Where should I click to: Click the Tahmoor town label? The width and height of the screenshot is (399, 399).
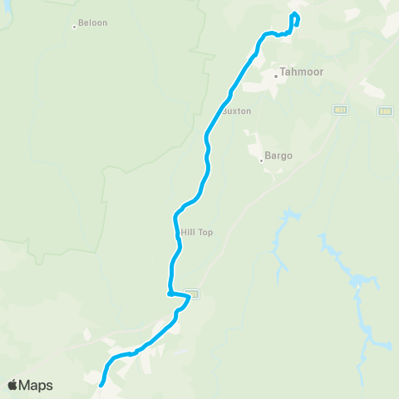point(301,72)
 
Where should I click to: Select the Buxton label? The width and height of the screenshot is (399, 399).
point(236,110)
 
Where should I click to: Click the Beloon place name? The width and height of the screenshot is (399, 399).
point(93,23)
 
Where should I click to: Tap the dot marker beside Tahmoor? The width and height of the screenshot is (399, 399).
point(276,76)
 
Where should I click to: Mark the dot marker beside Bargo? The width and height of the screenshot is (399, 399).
point(261,160)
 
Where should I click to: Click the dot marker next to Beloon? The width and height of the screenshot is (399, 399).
point(74,27)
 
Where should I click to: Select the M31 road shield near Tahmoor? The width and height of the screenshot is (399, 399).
point(340,109)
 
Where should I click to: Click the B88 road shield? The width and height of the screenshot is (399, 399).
point(384,111)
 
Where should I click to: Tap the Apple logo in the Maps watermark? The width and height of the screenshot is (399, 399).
point(13,385)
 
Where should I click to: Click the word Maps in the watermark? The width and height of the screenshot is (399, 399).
point(37,385)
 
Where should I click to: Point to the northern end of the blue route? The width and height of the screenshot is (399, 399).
point(293,14)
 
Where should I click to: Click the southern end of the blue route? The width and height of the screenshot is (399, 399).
point(101,385)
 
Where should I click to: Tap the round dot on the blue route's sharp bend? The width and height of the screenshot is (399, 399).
point(170,293)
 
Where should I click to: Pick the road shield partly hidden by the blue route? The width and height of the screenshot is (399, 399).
point(194,293)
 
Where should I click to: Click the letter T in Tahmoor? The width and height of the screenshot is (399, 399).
point(283,72)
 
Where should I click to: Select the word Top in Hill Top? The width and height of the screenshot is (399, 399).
point(205,232)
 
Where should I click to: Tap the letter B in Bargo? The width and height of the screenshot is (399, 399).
point(268,155)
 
